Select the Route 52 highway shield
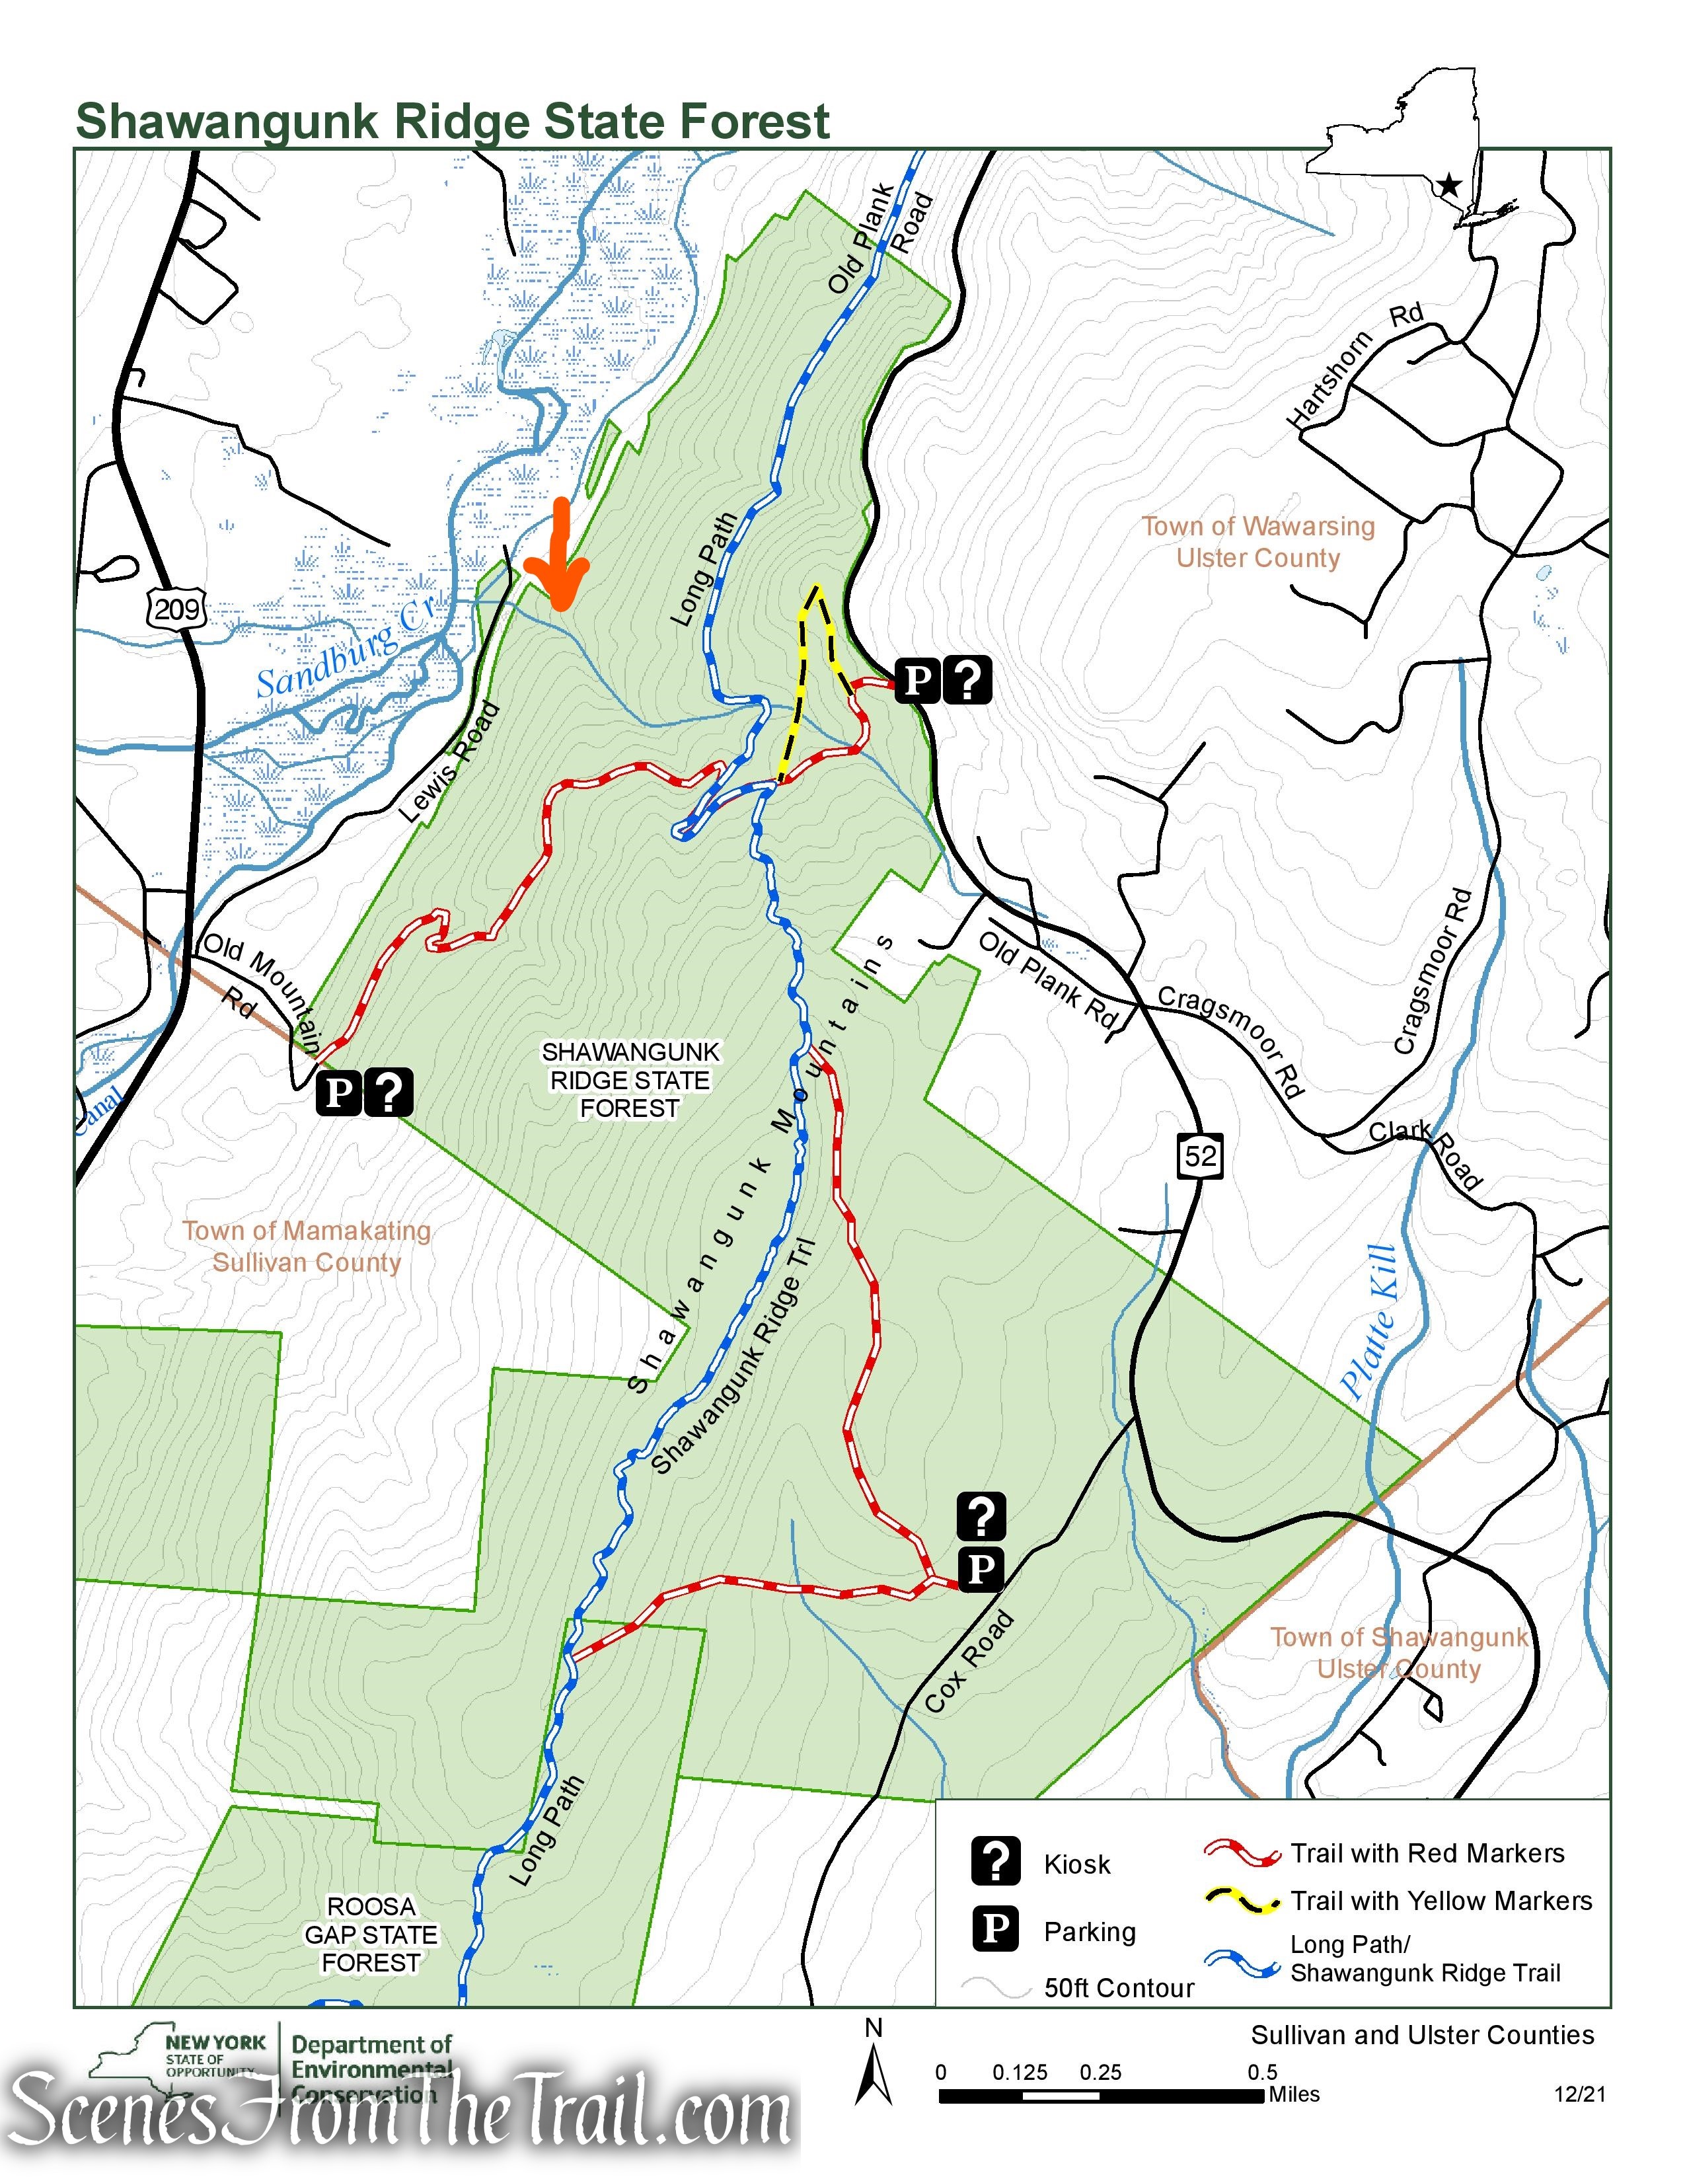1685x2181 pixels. (x=1200, y=1157)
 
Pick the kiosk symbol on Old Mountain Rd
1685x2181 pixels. (x=389, y=1092)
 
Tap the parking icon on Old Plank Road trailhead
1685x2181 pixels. (x=917, y=681)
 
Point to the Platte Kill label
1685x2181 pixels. (x=1370, y=1320)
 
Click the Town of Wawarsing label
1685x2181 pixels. (x=1257, y=526)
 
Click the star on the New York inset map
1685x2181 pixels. (x=1449, y=186)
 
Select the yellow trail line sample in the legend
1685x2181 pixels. (x=1242, y=1900)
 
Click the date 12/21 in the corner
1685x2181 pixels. (x=1579, y=2094)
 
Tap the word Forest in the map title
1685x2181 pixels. (x=754, y=122)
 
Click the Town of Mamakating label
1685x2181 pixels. (x=307, y=1231)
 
